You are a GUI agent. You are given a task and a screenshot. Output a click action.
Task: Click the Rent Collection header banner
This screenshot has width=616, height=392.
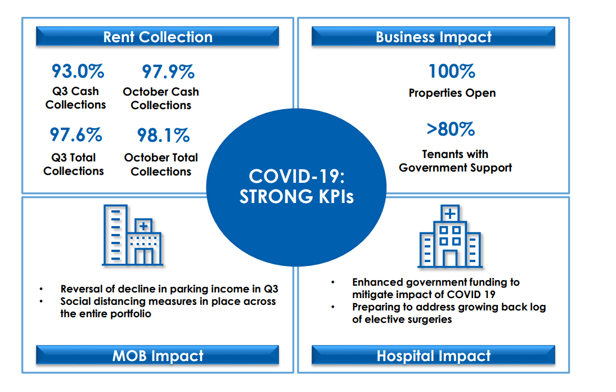coord(158,37)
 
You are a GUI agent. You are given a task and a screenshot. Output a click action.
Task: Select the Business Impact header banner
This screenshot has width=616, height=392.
coord(433,37)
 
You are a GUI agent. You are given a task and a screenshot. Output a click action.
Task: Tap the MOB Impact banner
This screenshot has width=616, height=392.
coord(158,355)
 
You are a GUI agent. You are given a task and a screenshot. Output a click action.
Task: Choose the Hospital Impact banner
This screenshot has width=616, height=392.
coord(433,355)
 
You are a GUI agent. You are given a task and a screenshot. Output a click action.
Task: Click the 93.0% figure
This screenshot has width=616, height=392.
coord(78,71)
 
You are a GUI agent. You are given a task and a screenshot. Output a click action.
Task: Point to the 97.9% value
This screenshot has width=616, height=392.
coord(168,71)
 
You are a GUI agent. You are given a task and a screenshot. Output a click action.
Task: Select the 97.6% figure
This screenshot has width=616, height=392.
coord(75,135)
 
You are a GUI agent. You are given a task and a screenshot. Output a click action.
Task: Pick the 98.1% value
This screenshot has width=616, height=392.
coord(163,135)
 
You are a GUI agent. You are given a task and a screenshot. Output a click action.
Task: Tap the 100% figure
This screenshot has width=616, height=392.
coord(452,71)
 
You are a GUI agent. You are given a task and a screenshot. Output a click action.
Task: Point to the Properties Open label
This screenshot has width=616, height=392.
coord(452,93)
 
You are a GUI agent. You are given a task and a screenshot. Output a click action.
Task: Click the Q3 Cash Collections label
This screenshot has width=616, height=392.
coord(75,98)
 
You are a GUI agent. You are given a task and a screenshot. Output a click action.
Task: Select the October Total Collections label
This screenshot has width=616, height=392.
coord(161,164)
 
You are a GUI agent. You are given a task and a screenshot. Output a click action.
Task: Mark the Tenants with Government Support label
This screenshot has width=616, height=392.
coord(455,161)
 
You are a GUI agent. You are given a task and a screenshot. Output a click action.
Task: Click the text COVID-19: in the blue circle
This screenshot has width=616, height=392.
coord(296,176)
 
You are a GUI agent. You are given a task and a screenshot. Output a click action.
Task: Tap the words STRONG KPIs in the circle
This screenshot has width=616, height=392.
coord(296,197)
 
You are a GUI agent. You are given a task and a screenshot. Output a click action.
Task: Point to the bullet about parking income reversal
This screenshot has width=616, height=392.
coord(169,289)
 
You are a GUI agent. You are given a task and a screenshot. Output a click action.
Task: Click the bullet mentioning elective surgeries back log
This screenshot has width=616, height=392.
coord(448,313)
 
